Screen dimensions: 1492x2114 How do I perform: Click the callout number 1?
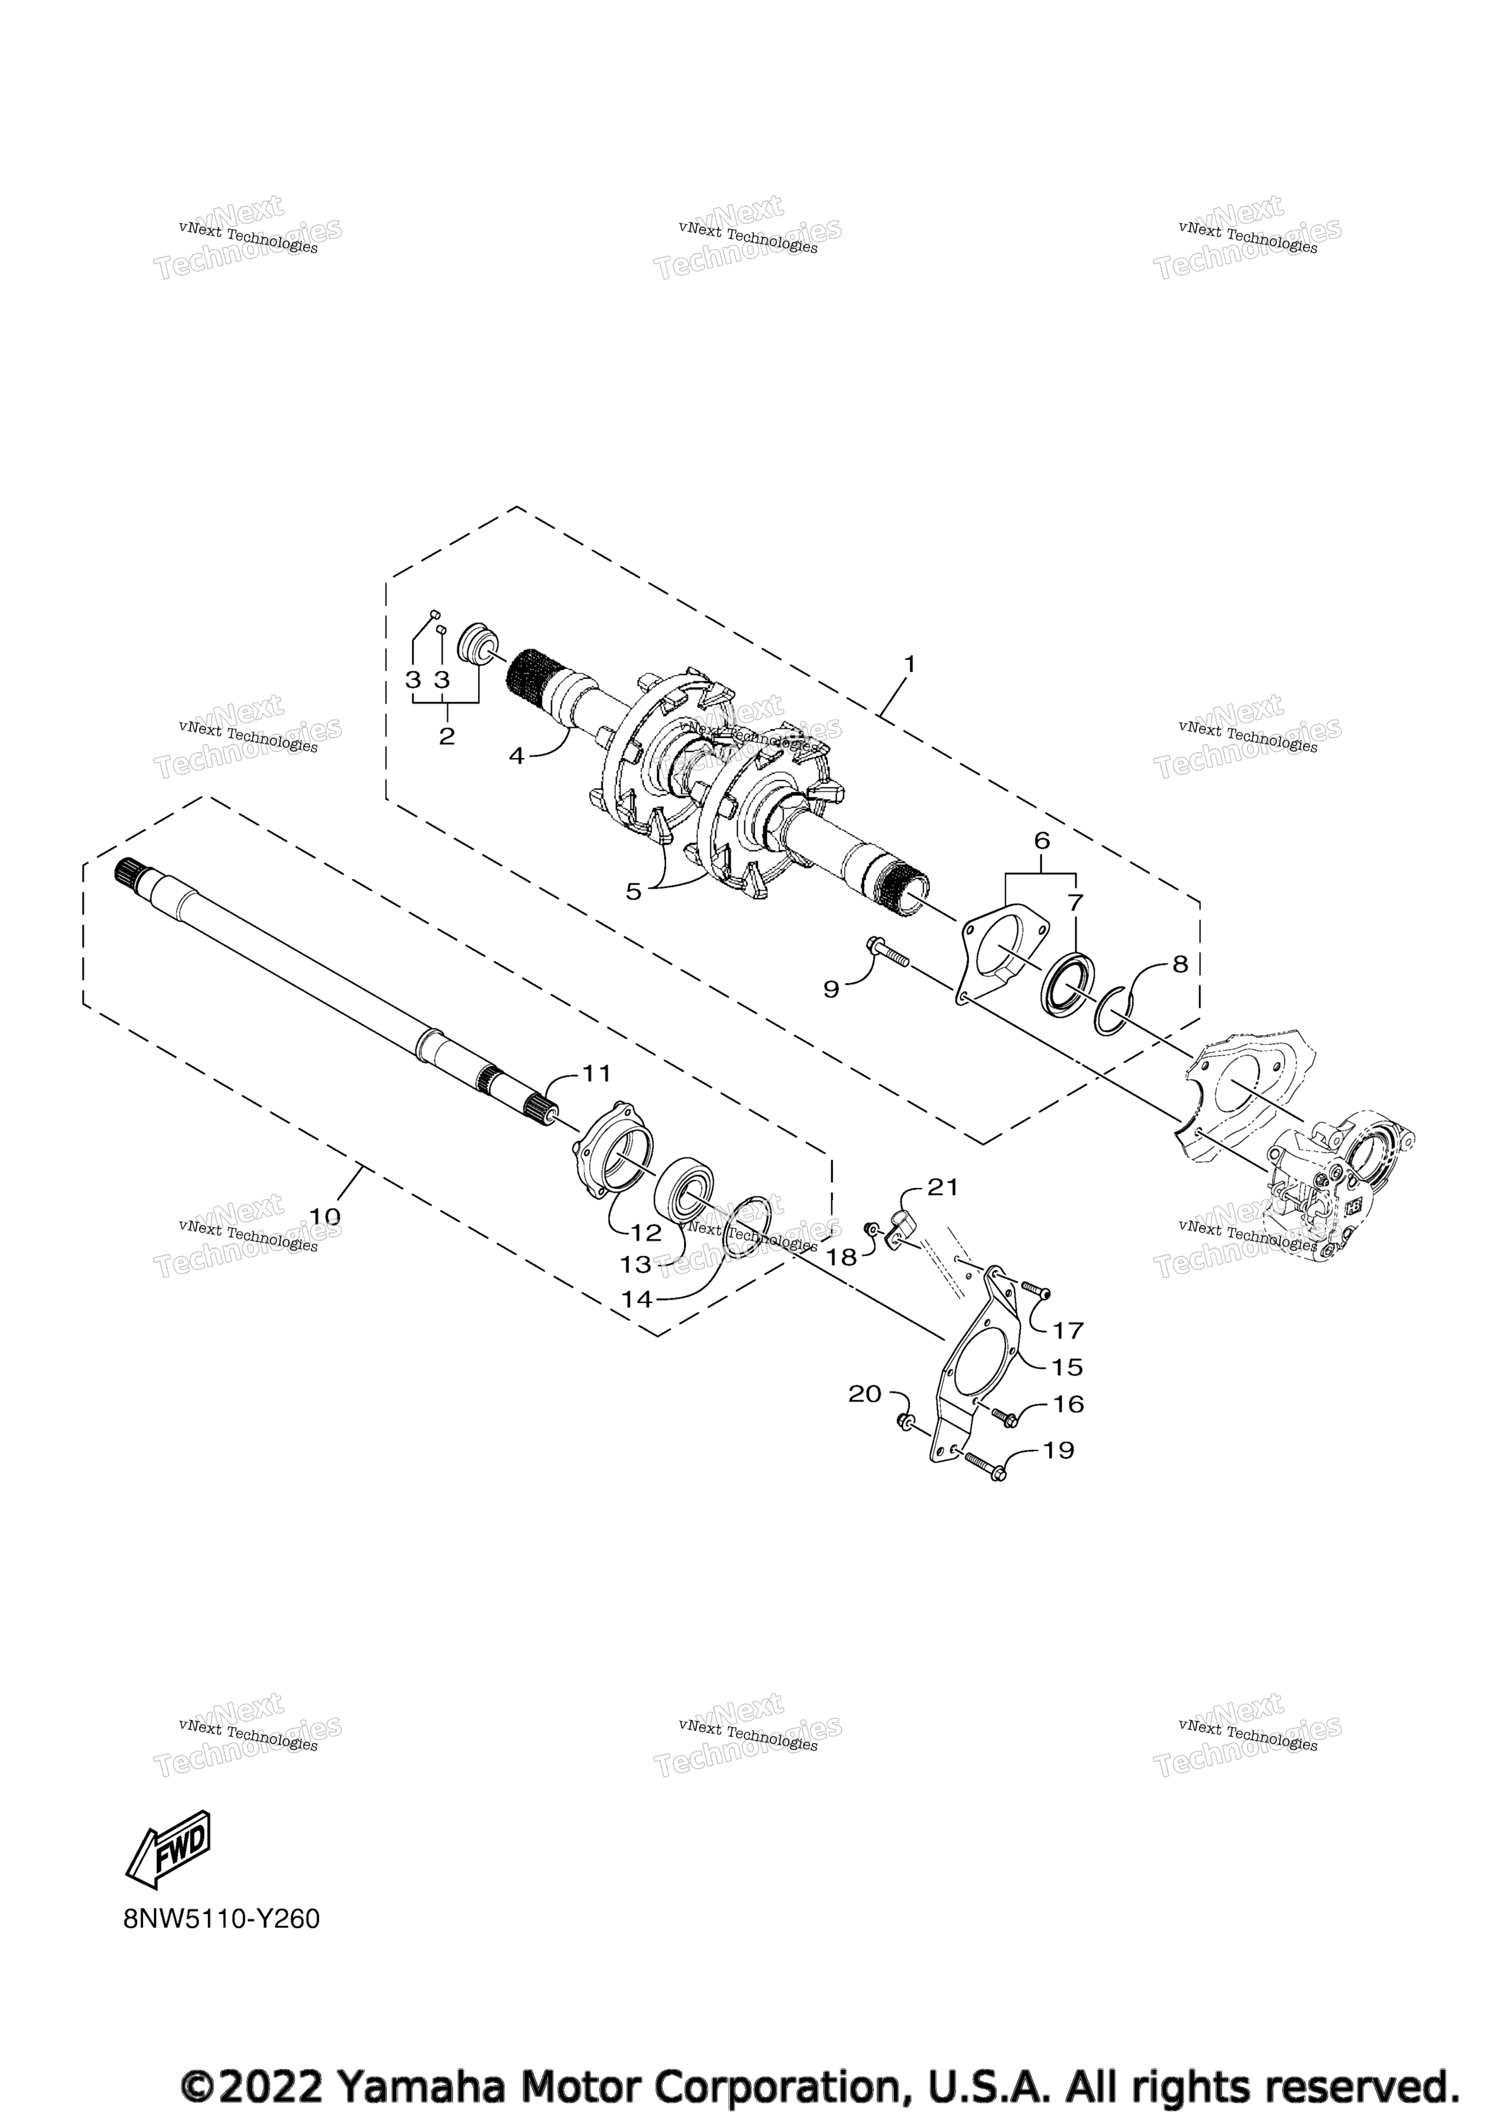(909, 664)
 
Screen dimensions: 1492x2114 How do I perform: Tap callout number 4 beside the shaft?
(516, 756)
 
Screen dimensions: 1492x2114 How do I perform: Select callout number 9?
(831, 990)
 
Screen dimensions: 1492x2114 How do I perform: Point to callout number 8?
(1180, 964)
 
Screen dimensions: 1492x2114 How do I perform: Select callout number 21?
(943, 1188)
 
